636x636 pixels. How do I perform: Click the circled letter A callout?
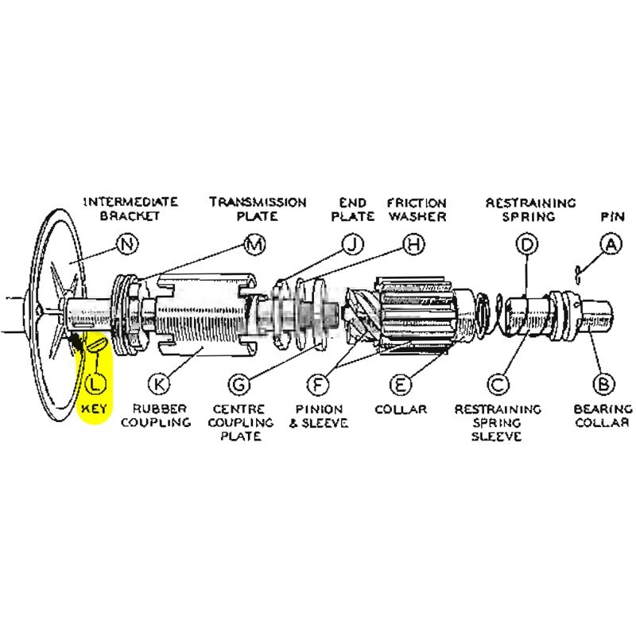(x=611, y=245)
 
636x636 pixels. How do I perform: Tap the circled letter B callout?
(x=604, y=384)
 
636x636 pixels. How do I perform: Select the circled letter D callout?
(x=525, y=245)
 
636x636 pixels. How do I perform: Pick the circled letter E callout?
(x=401, y=384)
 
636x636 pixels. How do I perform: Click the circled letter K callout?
(x=160, y=384)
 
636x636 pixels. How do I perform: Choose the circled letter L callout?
(x=95, y=384)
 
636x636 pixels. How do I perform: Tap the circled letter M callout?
(x=254, y=245)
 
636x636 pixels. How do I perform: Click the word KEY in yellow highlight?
(x=95, y=409)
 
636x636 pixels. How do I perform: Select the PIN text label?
(x=609, y=215)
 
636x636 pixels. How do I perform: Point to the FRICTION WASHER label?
(x=417, y=209)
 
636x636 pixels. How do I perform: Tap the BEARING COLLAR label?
(x=603, y=416)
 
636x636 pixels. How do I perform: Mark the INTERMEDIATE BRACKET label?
(x=130, y=209)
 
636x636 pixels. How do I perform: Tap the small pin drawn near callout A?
(x=580, y=273)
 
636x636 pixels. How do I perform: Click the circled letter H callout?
(x=411, y=245)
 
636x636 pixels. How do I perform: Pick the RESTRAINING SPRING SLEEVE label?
(x=498, y=423)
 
